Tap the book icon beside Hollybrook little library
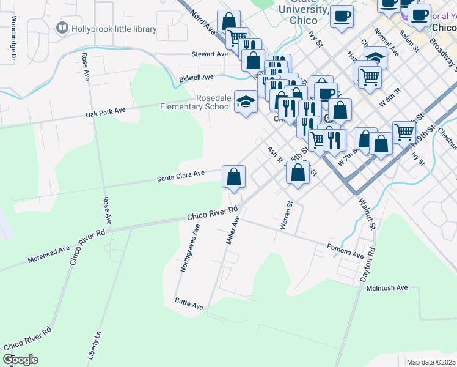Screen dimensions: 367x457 (x=62, y=28)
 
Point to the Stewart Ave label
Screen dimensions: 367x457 (x=210, y=54)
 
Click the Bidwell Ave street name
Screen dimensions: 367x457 (x=196, y=78)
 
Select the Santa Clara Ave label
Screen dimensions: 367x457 (x=180, y=176)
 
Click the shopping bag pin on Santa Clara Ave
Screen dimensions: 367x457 (x=233, y=177)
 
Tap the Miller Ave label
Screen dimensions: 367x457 (x=232, y=230)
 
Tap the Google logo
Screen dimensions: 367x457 (x=20, y=360)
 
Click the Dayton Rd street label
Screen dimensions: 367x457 (x=367, y=264)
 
